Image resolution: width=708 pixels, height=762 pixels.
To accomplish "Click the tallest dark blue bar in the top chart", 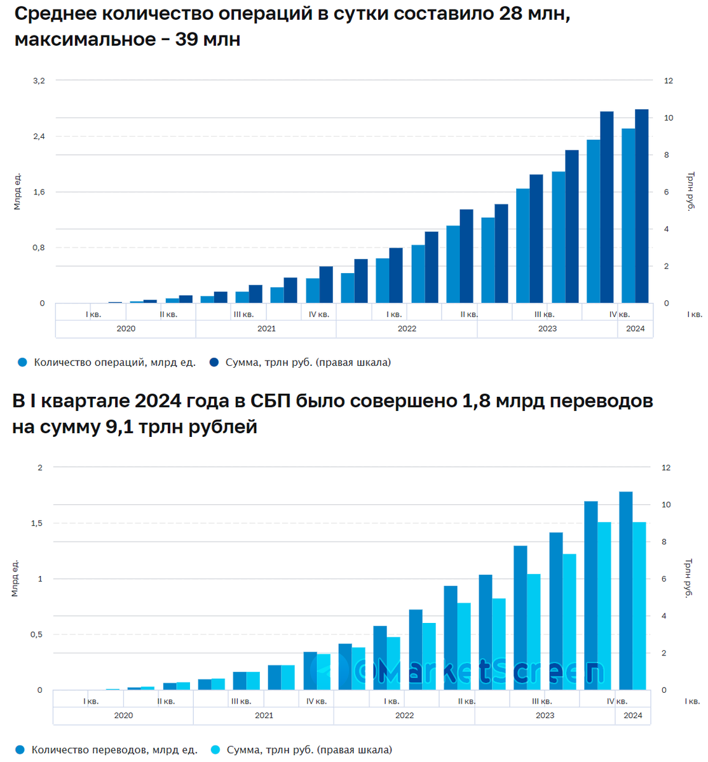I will click(x=641, y=206).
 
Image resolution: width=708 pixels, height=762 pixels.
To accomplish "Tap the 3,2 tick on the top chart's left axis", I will click(x=39, y=81).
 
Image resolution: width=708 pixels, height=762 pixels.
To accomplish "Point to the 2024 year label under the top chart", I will click(x=635, y=328).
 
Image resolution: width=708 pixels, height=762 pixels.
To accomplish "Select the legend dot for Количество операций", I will click(x=23, y=363).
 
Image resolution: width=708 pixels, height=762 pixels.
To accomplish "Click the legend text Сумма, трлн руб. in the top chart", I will click(x=308, y=363).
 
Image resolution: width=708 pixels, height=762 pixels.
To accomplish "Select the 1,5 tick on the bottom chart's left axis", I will click(x=36, y=523).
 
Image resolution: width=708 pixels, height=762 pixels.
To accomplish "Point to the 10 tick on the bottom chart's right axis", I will click(x=665, y=505).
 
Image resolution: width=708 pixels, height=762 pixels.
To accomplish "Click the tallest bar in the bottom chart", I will click(x=625, y=591).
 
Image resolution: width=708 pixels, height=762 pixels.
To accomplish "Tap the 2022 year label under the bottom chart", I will click(x=404, y=715).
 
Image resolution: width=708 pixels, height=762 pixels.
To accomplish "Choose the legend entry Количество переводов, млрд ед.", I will click(x=114, y=750).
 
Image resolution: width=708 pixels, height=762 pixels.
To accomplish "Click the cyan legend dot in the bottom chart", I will click(x=215, y=750).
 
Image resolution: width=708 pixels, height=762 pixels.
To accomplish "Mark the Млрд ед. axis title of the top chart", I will click(x=17, y=191).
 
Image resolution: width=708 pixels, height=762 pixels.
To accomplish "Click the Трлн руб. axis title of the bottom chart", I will click(x=688, y=578).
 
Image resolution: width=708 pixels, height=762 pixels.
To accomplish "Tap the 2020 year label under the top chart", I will click(x=126, y=328).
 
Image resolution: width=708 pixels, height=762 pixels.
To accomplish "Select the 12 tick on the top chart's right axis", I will click(x=669, y=81).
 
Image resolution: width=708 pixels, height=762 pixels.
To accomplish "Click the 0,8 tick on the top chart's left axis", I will click(x=39, y=248).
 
